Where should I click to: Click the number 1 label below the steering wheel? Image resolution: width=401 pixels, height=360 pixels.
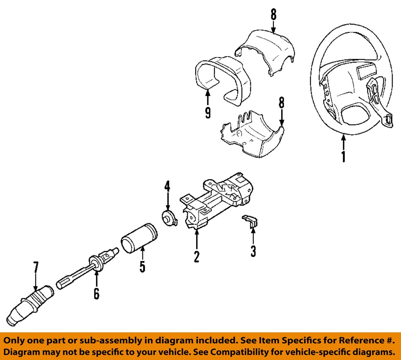pos(343,156)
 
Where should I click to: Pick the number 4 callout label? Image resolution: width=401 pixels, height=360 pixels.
pos(167,187)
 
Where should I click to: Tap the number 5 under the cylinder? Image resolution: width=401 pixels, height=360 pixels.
pos(142,267)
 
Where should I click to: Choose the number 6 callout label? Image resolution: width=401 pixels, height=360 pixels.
pos(96,293)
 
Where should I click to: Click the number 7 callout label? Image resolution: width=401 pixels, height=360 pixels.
pos(36,267)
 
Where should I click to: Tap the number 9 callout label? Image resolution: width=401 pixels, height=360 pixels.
pos(207,113)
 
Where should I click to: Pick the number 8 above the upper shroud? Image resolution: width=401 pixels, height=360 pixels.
pos(273,15)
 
